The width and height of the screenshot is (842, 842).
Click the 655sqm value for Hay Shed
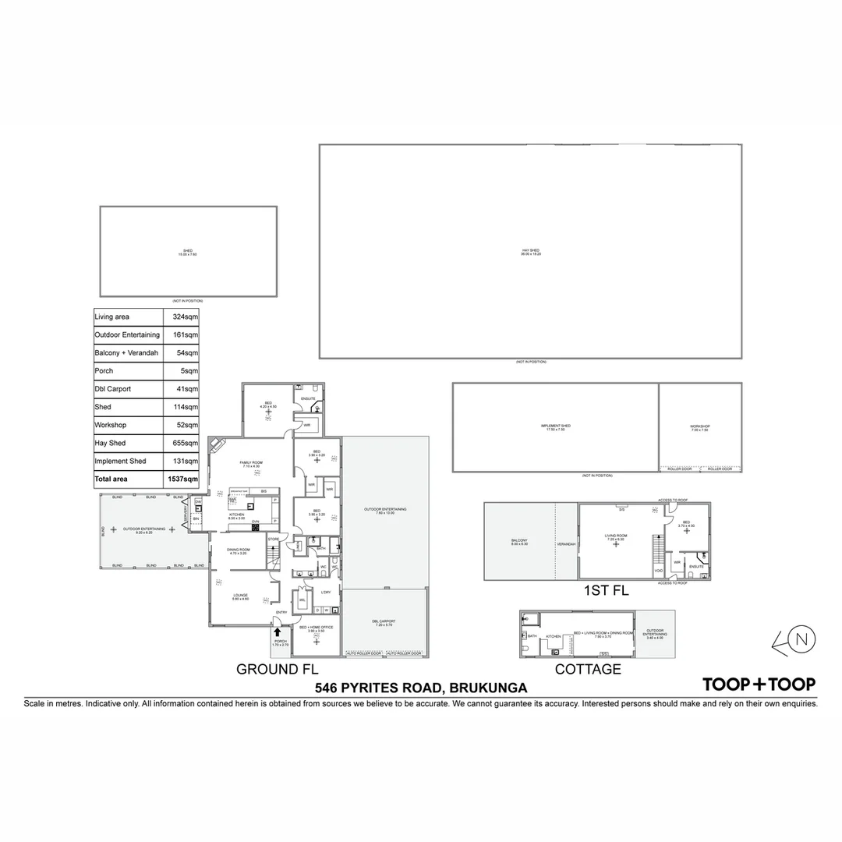[x=186, y=443]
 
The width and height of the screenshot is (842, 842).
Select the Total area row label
[x=111, y=479]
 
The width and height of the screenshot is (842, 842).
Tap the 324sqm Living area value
[x=186, y=317]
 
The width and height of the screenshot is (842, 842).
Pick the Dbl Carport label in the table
[x=113, y=389]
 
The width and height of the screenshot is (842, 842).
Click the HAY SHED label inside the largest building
[x=531, y=251]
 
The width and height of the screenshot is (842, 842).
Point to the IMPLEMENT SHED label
[x=556, y=426]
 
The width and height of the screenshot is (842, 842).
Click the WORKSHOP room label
[x=699, y=426]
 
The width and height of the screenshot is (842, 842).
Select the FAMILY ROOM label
[x=252, y=462]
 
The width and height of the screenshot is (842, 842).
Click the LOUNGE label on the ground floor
[x=240, y=595]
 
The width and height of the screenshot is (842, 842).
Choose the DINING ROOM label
[x=239, y=550]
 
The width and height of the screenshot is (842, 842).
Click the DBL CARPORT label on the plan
[x=384, y=621]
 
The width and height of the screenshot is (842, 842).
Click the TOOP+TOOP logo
[x=759, y=685]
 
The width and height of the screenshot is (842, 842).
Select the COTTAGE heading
[x=588, y=669]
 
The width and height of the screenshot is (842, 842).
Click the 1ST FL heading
[x=606, y=591]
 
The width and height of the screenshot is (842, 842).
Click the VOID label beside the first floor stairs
[x=659, y=571]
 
